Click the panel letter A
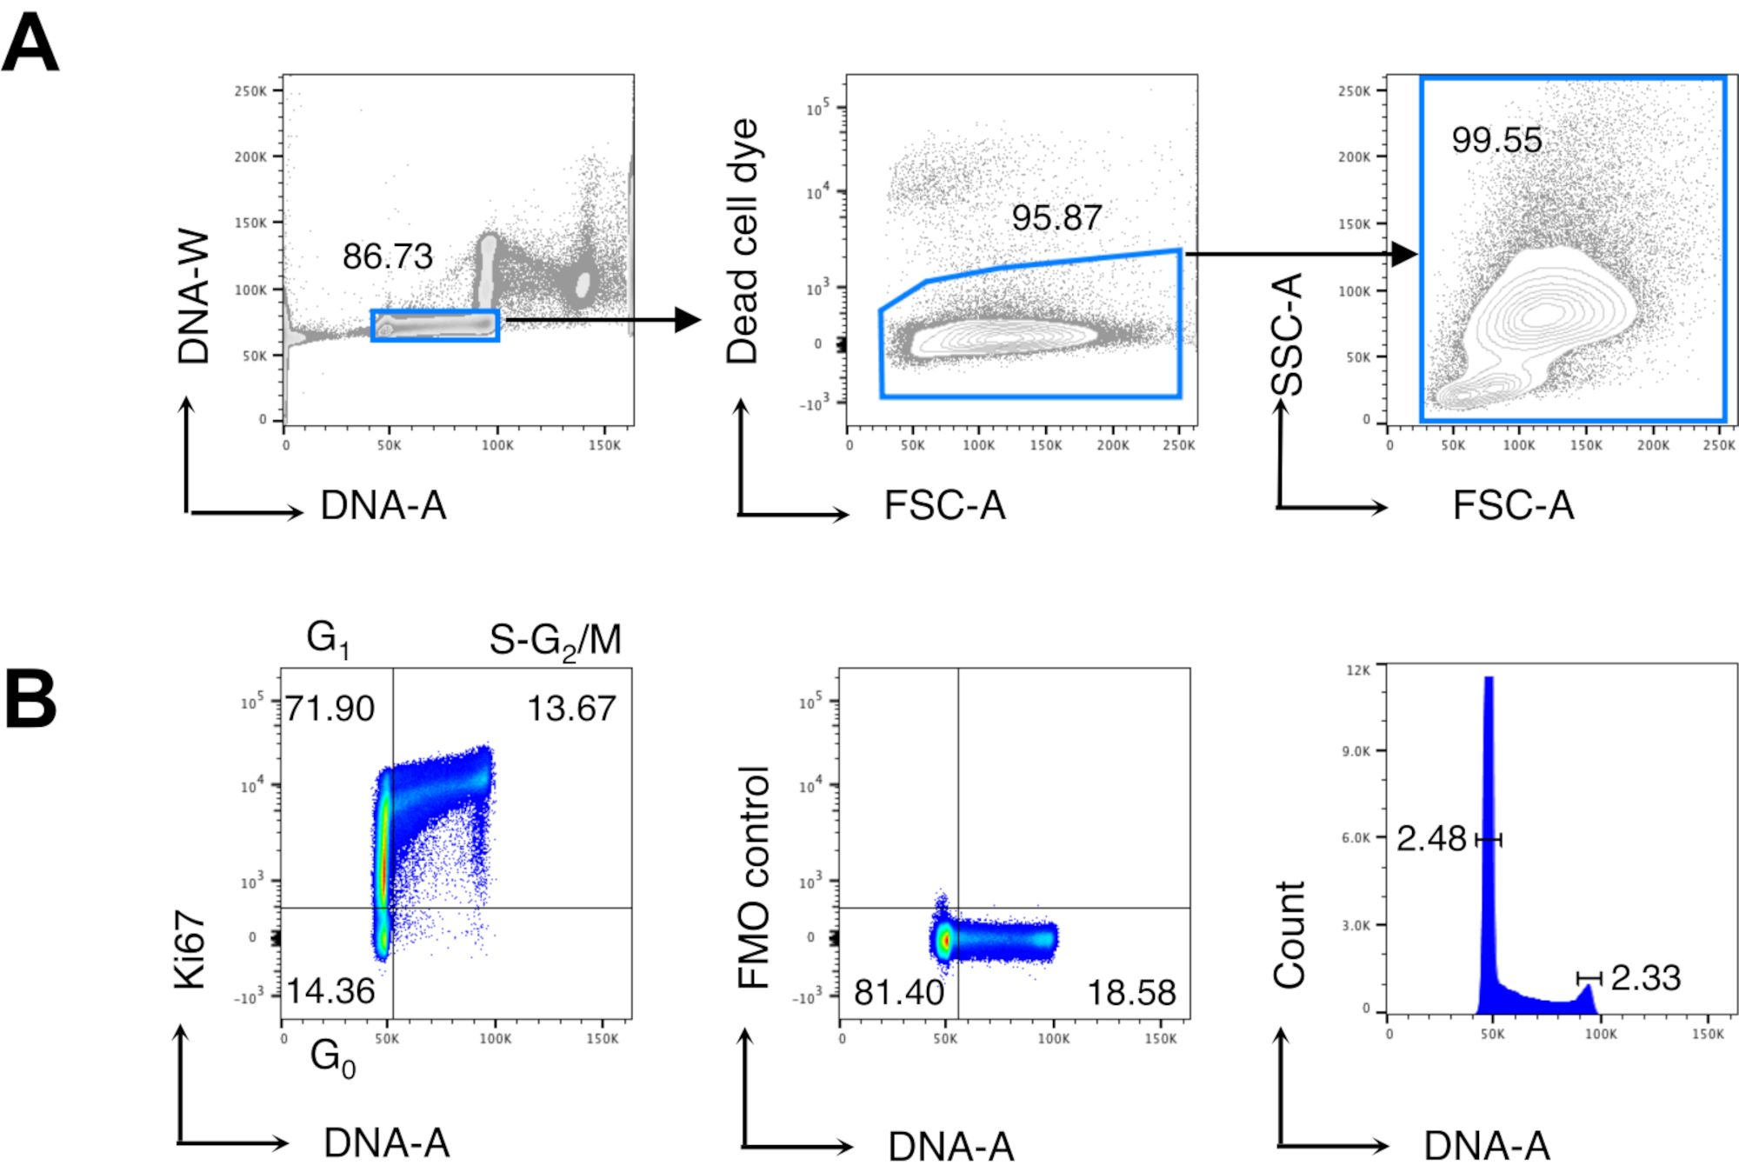[30, 43]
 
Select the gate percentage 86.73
[387, 256]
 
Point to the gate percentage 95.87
[1056, 218]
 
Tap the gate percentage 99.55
[1496, 140]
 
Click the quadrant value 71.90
[330, 709]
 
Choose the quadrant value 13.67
[571, 709]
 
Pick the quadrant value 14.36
[330, 991]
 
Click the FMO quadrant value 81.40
[898, 992]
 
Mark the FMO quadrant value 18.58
[1131, 992]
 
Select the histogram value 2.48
[1431, 839]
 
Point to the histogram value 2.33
[1645, 978]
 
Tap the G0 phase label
[332, 1058]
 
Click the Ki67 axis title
[190, 949]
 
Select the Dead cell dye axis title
[743, 241]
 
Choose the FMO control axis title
[754, 877]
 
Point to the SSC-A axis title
[1287, 335]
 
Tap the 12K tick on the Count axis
[1357, 670]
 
